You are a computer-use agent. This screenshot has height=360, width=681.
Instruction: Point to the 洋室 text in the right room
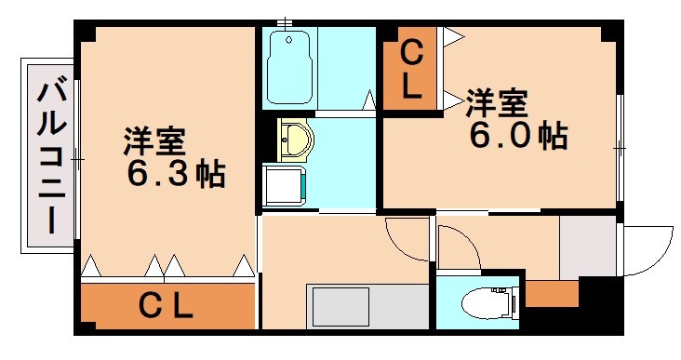pos(497,101)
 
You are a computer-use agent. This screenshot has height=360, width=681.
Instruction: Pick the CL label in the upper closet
pos(410,66)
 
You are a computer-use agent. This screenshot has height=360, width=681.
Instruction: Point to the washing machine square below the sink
pos(284,183)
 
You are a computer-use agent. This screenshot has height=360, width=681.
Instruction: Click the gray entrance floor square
pos(587,246)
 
